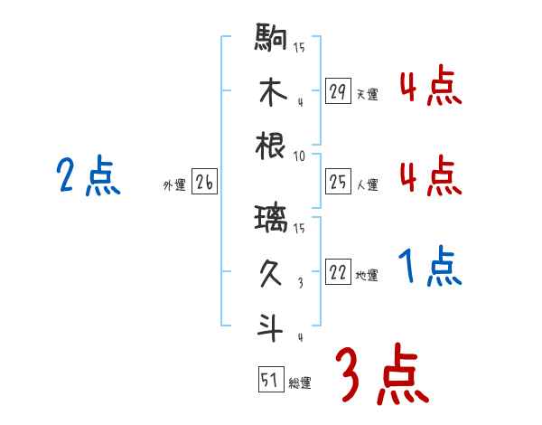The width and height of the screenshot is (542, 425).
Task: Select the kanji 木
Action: [x=272, y=92]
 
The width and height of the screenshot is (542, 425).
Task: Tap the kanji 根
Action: [x=272, y=145]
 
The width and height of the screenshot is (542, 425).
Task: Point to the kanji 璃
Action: [x=272, y=217]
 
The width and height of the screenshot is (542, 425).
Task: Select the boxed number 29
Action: [x=338, y=91]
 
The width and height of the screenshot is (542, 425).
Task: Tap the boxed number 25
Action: [x=338, y=183]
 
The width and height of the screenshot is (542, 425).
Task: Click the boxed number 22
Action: [x=338, y=273]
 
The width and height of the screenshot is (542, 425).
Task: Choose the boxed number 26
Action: [x=204, y=183]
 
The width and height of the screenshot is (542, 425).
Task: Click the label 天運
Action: [x=367, y=94]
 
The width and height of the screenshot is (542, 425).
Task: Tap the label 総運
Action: [x=300, y=382]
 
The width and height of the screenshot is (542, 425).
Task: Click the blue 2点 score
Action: [x=88, y=176]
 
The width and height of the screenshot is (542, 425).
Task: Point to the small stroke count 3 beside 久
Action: [x=299, y=283]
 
